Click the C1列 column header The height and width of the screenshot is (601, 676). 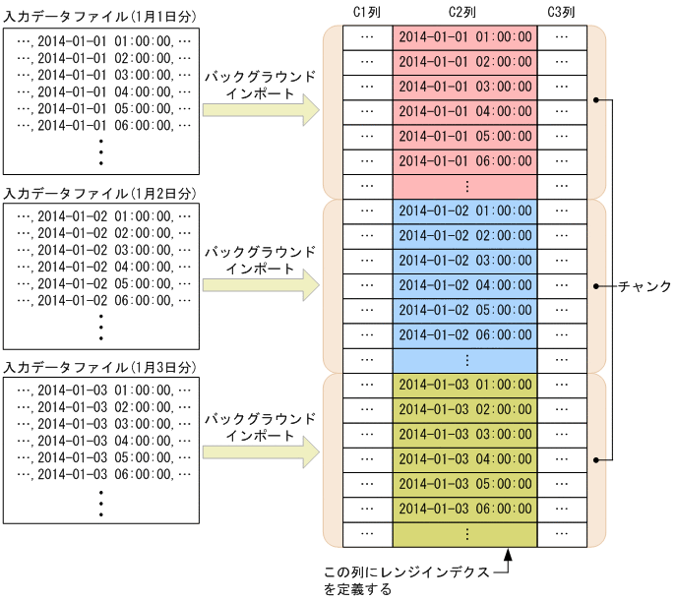coord(367,11)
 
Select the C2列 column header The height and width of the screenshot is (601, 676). coord(464,11)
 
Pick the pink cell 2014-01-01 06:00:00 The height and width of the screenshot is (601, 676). coord(464,160)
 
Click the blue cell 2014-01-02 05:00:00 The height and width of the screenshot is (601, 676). coord(464,309)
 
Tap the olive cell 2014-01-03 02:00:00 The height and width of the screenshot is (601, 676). coord(464,408)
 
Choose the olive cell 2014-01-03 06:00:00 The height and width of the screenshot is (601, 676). coord(464,508)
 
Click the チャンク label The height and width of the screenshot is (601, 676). coord(645,286)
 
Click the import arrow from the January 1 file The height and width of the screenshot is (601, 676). coord(261,110)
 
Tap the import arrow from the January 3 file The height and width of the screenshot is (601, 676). coord(261,452)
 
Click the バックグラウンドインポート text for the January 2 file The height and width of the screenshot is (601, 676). coord(260,260)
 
